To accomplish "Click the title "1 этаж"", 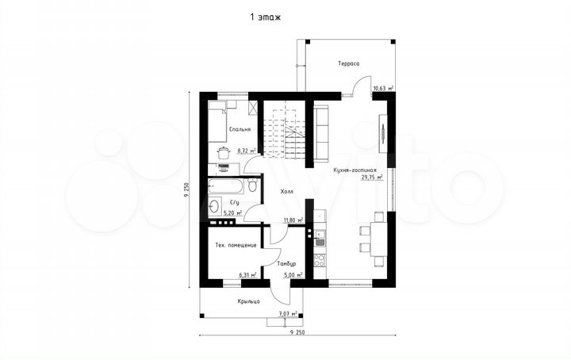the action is pos(265,17).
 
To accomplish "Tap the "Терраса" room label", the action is pos(349,63).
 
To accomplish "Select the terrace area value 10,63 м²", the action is pos(383,88).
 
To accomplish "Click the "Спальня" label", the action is pos(240,129).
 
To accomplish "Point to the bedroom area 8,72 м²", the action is pos(247,150).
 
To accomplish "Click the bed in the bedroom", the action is pos(217,122).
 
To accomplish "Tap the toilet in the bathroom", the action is pos(252,185).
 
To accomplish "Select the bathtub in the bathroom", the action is pos(226,186).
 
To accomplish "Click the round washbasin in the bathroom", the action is pos(214,205).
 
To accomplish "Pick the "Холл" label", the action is pos(286,191).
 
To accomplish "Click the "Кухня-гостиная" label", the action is pos(354,170).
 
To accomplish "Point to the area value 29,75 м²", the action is pos(371,178).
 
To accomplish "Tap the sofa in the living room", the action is pos(321,133).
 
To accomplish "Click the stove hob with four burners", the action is pos(320,261).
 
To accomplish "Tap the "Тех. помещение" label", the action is pos(236,245).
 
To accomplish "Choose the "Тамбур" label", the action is pos(286,263).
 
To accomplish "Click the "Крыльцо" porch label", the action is pos(249,301).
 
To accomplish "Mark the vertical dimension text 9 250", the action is pos(187,190).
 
